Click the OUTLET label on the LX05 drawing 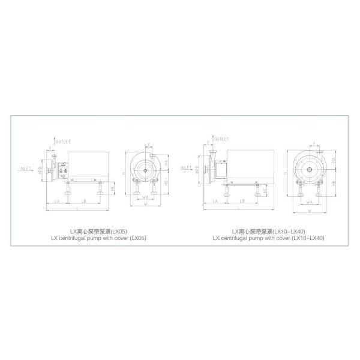point(64,142)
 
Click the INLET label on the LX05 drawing point(26,168)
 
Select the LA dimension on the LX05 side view point(56,201)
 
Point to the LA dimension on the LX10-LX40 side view point(215,201)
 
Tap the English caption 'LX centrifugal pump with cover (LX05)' point(99,238)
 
